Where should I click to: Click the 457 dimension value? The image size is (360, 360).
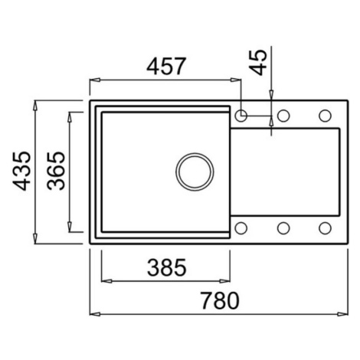[166, 67]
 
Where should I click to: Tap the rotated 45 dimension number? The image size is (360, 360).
[258, 63]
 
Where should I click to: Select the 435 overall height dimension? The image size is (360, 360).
[22, 171]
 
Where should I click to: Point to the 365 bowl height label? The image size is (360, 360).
[56, 171]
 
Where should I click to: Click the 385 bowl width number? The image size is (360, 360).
[167, 267]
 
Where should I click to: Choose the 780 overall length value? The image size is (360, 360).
[220, 300]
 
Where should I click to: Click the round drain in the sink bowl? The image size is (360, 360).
[195, 172]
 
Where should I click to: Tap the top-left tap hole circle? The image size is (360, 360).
[241, 116]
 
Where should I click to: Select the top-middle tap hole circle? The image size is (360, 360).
[283, 116]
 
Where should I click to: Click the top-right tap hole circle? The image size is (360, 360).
[325, 116]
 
